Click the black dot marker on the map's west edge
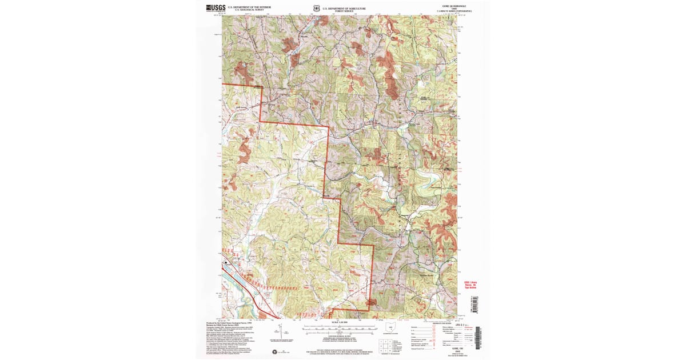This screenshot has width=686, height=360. [226, 262]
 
